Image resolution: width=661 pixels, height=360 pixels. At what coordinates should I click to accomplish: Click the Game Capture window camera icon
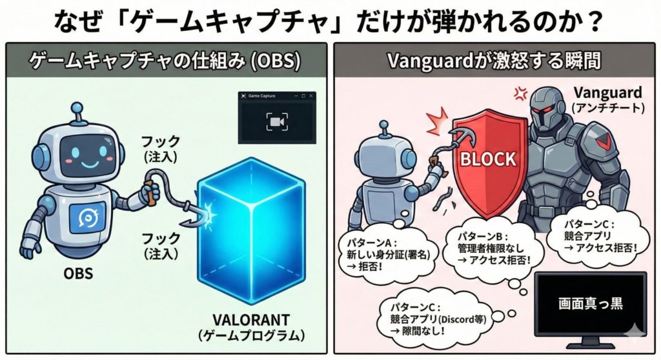276,121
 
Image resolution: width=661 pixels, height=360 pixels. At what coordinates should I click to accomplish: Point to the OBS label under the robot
78,273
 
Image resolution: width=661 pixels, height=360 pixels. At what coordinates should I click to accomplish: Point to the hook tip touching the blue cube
208,212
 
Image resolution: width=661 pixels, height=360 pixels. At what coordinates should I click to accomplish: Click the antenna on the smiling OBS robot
79,115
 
